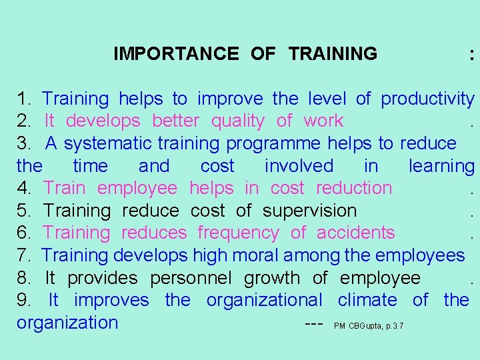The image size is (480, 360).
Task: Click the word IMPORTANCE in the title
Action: tap(176, 53)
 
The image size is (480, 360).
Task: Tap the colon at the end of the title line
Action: tap(472, 55)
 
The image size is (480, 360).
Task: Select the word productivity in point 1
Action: tap(427, 99)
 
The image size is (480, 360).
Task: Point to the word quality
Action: tap(237, 121)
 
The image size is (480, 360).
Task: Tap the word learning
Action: tap(441, 166)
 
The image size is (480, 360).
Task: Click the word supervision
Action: tap(310, 211)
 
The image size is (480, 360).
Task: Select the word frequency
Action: tap(238, 233)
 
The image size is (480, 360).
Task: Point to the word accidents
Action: tap(356, 233)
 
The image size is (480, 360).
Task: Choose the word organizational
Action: tap(264, 300)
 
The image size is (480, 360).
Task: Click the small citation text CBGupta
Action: tap(364, 326)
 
